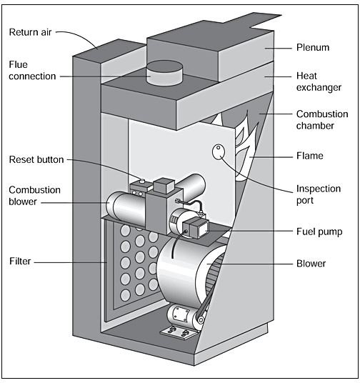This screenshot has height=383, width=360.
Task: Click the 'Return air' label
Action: (x=30, y=32)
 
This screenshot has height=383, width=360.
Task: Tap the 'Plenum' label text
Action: (x=313, y=47)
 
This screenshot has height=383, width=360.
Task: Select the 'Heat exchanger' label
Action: (x=319, y=81)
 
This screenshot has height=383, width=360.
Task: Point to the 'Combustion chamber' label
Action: (x=322, y=120)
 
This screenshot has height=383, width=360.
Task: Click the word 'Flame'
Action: (x=310, y=156)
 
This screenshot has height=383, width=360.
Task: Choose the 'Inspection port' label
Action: (x=319, y=194)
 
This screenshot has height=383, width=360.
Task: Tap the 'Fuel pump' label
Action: (x=319, y=232)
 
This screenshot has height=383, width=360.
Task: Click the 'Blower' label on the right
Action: (x=311, y=264)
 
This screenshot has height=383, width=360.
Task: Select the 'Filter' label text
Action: (x=20, y=261)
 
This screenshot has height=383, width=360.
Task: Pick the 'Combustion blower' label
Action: (x=34, y=196)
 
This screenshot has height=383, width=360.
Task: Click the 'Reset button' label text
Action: (x=36, y=160)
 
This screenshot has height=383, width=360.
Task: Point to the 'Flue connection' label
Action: (x=32, y=71)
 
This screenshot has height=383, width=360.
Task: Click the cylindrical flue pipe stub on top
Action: (x=164, y=73)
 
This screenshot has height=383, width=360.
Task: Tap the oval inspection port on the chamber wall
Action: (x=219, y=151)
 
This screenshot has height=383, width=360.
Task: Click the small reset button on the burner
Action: (x=141, y=181)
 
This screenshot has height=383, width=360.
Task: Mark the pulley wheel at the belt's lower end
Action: (x=201, y=319)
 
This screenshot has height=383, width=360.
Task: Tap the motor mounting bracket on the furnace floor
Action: (x=179, y=332)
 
